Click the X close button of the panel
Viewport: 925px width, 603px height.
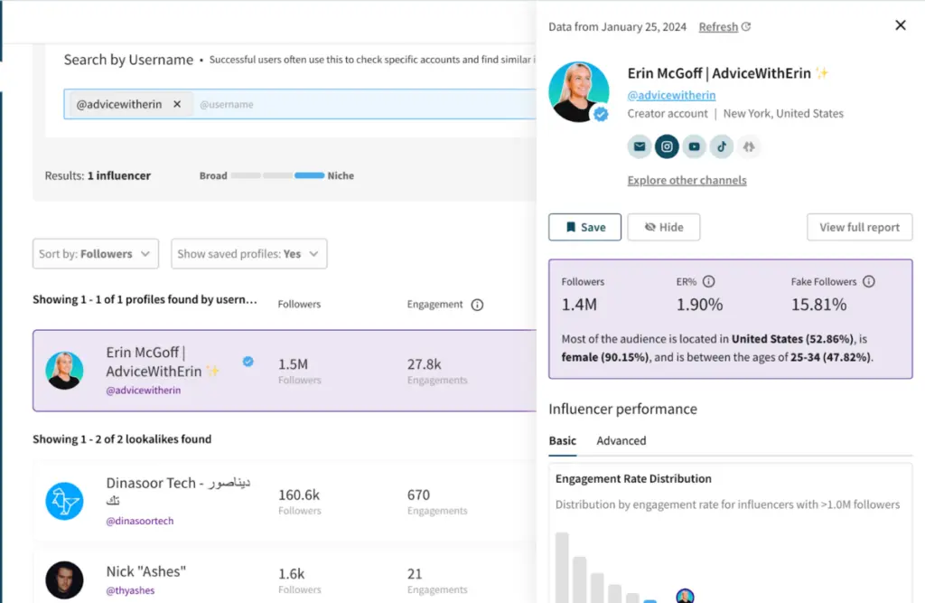[900, 25]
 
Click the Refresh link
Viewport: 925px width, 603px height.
[718, 27]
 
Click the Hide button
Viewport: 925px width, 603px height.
[664, 227]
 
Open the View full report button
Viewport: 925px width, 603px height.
[859, 227]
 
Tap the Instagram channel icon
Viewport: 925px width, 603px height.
[667, 146]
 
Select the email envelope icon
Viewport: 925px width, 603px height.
[640, 146]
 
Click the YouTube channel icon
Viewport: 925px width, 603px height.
[694, 146]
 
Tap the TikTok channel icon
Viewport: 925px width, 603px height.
[721, 146]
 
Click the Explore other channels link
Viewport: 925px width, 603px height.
[687, 180]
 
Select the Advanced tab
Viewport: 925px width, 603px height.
[621, 440]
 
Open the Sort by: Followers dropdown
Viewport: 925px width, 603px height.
[96, 254]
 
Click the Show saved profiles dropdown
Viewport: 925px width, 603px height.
[248, 254]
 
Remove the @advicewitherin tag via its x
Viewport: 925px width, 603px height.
[177, 104]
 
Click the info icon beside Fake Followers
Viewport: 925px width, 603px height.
[868, 281]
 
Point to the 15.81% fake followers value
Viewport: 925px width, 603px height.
[818, 305]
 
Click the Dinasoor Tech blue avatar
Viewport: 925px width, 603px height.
[65, 501]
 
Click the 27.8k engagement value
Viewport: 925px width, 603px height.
[425, 363]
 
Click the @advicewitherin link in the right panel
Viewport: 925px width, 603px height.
[671, 95]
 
